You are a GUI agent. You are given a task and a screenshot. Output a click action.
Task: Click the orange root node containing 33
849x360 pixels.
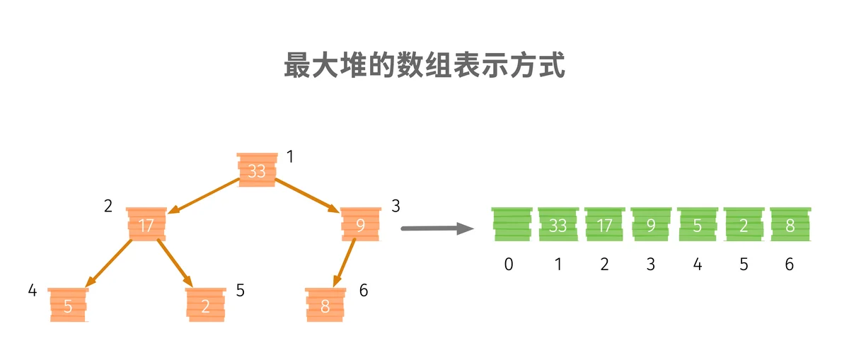(x=258, y=170)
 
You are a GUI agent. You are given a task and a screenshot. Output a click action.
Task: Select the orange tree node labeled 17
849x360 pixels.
(x=146, y=224)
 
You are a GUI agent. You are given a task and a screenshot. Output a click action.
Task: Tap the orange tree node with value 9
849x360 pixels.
(x=361, y=224)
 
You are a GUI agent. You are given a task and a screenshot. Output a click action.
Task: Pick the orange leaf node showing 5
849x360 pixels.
(x=68, y=305)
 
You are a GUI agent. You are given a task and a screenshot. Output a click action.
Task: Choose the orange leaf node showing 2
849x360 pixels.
(x=206, y=305)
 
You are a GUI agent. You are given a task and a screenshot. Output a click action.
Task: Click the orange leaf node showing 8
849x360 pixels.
(x=325, y=305)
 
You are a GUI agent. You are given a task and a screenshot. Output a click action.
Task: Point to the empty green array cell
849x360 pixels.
(x=512, y=224)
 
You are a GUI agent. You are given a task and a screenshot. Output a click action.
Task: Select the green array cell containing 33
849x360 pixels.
(x=558, y=224)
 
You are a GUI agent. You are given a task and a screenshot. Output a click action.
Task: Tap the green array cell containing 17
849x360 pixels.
(x=604, y=224)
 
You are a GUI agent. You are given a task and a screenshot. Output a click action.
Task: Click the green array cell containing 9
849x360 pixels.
(x=651, y=224)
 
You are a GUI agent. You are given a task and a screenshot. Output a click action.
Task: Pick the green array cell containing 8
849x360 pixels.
(x=791, y=224)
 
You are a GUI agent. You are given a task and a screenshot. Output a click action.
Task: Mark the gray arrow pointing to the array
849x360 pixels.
(x=437, y=228)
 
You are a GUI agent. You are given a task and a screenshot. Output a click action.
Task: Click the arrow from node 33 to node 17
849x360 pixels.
(x=204, y=196)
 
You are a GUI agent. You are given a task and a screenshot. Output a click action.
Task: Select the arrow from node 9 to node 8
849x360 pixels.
(x=344, y=262)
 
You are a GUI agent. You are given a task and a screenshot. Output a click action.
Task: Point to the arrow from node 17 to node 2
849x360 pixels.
(x=175, y=263)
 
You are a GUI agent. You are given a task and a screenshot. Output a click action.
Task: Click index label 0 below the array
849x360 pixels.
(x=509, y=264)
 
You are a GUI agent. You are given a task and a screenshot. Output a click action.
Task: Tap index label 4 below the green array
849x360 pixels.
(x=698, y=264)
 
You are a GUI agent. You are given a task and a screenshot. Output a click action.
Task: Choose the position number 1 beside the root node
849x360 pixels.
(x=290, y=156)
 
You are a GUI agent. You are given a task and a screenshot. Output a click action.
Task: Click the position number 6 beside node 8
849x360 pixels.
(x=364, y=290)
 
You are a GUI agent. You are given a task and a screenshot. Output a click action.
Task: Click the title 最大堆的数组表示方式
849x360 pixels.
(x=424, y=65)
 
